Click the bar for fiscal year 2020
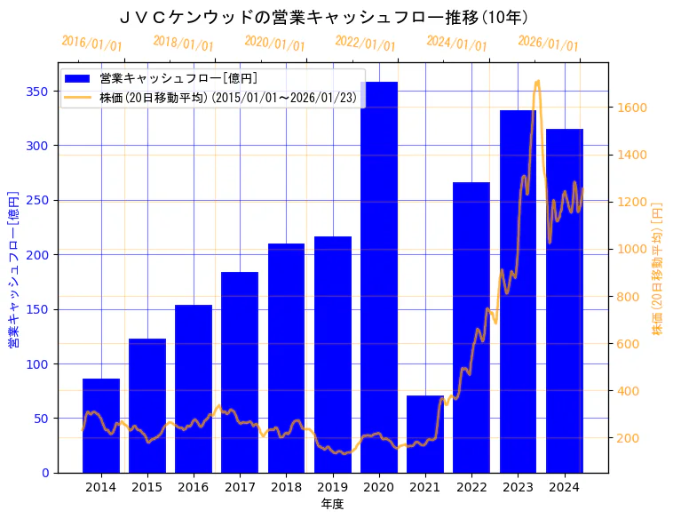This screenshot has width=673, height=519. pos(379,276)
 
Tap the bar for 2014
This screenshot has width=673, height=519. pos(101,426)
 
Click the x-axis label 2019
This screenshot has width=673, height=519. pos(332,487)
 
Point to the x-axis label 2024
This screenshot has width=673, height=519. pos(564,487)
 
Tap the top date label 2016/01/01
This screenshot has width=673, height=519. pos(91,44)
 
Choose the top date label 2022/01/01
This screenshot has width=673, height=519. pos(365,44)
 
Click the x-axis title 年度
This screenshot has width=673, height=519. pos(332,504)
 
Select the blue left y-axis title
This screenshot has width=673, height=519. pos(13,269)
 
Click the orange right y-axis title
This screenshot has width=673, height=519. pos(658,269)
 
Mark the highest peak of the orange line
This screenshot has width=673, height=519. pos(537,82)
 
